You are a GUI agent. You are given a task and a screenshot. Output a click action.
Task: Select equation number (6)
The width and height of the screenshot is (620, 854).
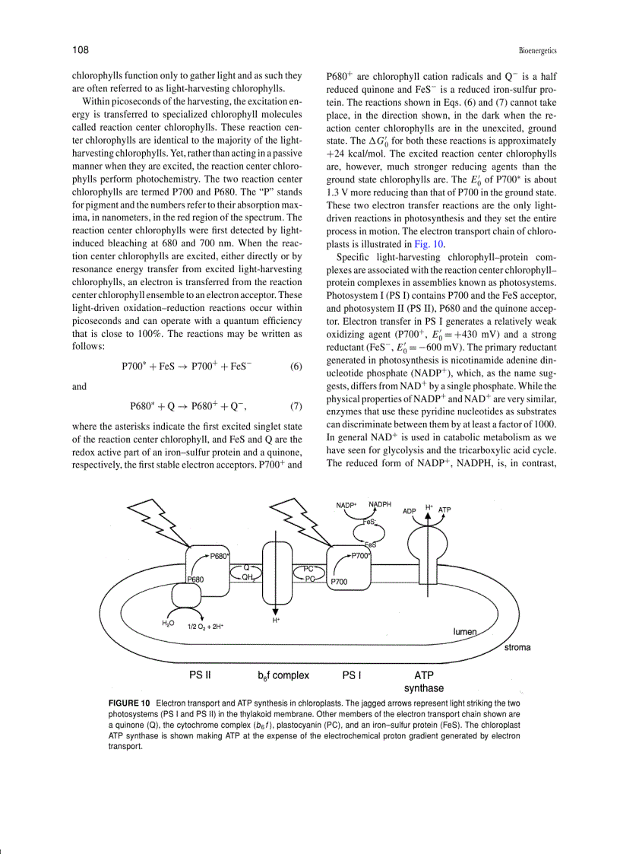296,366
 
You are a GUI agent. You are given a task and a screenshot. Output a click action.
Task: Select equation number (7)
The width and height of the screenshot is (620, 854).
296,427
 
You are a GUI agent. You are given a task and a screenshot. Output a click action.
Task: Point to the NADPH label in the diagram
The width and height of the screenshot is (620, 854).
381,504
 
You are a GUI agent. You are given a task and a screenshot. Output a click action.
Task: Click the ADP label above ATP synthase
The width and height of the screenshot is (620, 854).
410,511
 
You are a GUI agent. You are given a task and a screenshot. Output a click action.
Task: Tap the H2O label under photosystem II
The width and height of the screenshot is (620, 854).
169,624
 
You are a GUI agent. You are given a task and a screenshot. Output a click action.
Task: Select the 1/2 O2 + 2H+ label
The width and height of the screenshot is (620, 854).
205,627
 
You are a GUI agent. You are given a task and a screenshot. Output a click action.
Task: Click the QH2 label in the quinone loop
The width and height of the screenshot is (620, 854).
248,578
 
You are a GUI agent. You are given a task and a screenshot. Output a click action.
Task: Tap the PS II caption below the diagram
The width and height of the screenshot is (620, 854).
200,674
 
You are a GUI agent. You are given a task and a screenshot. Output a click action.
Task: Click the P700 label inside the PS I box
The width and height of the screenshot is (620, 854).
339,582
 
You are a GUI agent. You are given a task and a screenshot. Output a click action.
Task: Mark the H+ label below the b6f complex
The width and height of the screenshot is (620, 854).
276,621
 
